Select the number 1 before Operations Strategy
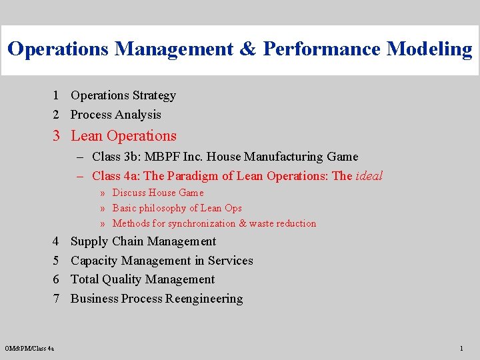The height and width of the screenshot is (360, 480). pyautogui.click(x=58, y=95)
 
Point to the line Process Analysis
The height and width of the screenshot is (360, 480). pyautogui.click(x=116, y=115)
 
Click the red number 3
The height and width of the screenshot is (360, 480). pyautogui.click(x=58, y=136)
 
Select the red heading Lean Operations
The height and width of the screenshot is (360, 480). pyautogui.click(x=123, y=136)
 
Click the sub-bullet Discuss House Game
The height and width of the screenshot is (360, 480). pyautogui.click(x=158, y=193)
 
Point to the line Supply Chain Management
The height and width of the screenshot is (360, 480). pyautogui.click(x=143, y=241)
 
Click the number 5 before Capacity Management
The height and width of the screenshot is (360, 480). pyautogui.click(x=58, y=261)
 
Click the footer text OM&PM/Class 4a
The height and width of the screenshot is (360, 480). pyautogui.click(x=29, y=348)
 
